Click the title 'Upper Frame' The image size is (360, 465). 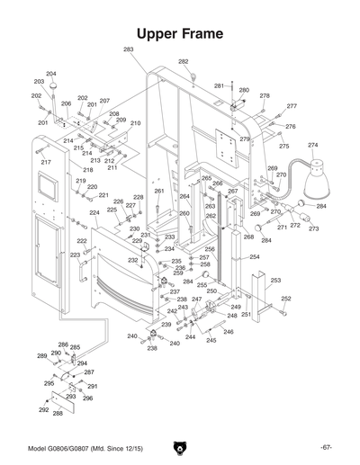[x=180, y=33]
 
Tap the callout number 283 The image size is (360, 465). [x=129, y=49]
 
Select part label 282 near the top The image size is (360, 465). [x=184, y=61]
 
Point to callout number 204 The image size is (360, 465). [x=51, y=74]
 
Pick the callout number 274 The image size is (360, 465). [x=313, y=145]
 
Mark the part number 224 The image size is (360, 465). [x=94, y=213]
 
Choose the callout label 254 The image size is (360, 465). [x=255, y=257]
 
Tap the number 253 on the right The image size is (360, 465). [x=275, y=281]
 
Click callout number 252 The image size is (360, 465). [x=286, y=299]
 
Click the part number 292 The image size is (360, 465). [x=42, y=409]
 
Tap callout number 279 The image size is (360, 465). [x=244, y=139]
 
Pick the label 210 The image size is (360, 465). [x=135, y=123]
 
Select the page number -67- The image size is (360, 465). [x=326, y=447]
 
